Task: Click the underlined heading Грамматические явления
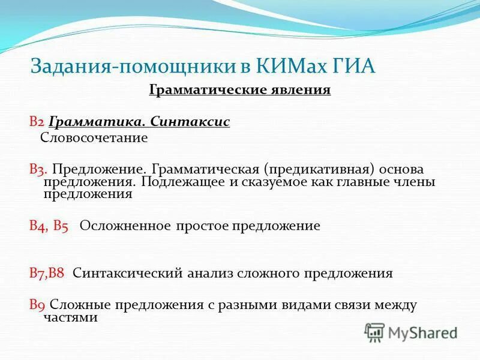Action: point(239,91)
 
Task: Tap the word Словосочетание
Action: point(94,137)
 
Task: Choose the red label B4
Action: point(38,226)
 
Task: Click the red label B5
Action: point(61,226)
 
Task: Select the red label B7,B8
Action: point(47,274)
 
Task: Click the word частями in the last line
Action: point(71,317)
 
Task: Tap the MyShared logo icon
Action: point(375,332)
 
